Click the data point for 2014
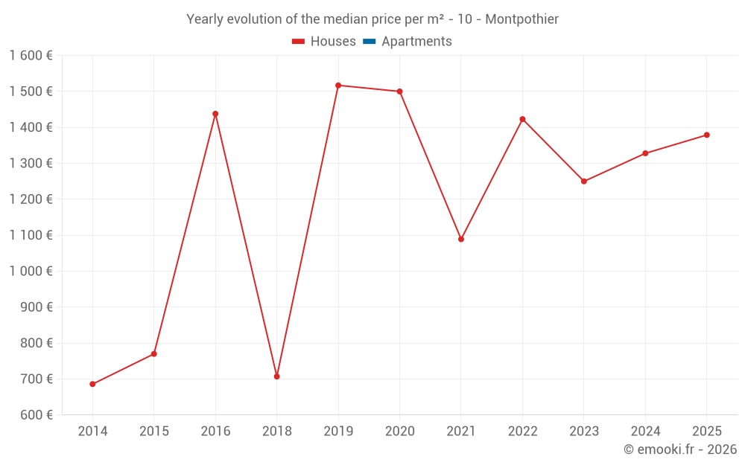92,384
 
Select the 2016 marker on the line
215,114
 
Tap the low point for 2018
276,376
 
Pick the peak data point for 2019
338,86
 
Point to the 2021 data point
461,240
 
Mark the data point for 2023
584,182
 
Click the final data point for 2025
707,135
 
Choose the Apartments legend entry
416,42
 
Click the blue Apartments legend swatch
370,42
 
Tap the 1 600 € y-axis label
31,55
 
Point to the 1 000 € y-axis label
31,271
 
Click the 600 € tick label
37,414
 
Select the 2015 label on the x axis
154,432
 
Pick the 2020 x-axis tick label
399,432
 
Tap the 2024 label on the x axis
645,432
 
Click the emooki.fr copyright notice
679,449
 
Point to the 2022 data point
522,119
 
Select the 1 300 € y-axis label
31,163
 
